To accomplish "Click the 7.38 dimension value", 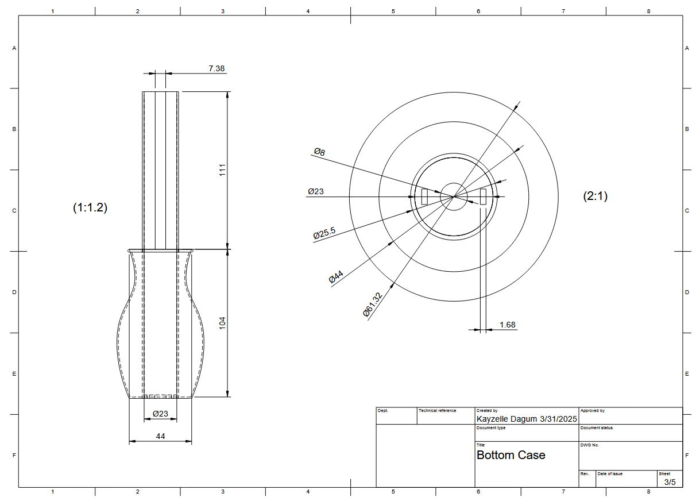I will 216,68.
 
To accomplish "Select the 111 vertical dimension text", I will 223,170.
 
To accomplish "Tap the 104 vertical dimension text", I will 223,323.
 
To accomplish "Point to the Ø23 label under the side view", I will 160,414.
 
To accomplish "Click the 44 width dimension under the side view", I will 160,437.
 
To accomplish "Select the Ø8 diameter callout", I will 319,152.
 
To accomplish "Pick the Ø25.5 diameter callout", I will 324,233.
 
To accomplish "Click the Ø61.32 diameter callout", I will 372,305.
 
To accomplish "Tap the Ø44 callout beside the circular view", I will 336,277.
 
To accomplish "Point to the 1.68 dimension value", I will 507,325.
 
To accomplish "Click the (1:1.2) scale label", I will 90,208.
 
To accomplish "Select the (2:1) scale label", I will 595,196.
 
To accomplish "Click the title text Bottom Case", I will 511,455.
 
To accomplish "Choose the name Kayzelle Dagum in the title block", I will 507,419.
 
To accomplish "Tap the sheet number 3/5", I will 670,481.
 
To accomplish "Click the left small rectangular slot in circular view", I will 424,196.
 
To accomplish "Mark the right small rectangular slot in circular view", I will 483,196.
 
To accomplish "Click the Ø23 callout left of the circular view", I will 315,191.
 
